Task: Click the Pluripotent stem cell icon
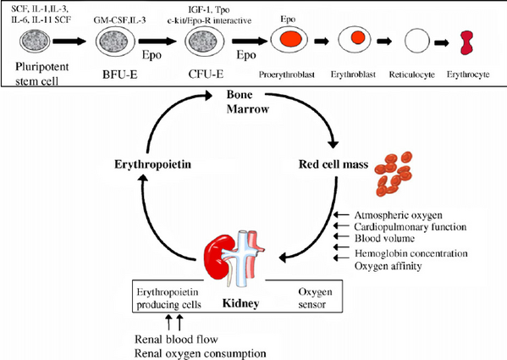pyautogui.click(x=35, y=41)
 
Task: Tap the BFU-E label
pyautogui.click(x=120, y=75)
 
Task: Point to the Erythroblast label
pyautogui.click(x=353, y=75)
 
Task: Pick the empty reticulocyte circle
pyautogui.click(x=417, y=41)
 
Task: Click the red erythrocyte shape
pyautogui.click(x=466, y=42)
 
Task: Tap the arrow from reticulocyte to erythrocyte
pyautogui.click(x=442, y=42)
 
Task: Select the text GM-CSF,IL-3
pyautogui.click(x=119, y=20)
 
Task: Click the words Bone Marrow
pyautogui.click(x=248, y=102)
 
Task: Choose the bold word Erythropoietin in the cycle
pyautogui.click(x=152, y=164)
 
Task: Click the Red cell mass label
pyautogui.click(x=333, y=164)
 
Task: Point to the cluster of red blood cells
pyautogui.click(x=394, y=174)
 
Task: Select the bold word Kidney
pyautogui.click(x=241, y=303)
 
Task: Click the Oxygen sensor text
pyautogui.click(x=315, y=298)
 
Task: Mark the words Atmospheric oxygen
pyautogui.click(x=399, y=215)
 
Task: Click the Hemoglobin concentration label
pyautogui.click(x=411, y=253)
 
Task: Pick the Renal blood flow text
pyautogui.click(x=176, y=340)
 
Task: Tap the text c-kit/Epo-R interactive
pyautogui.click(x=209, y=20)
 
